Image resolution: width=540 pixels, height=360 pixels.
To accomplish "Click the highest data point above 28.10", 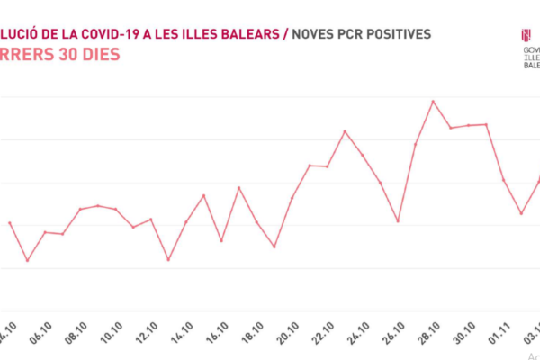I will (x=434, y=101).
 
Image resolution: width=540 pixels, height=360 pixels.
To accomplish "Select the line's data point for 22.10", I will (x=345, y=131).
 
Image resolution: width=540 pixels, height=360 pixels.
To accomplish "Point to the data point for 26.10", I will (x=398, y=221).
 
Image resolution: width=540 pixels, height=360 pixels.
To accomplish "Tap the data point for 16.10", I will (x=238, y=187).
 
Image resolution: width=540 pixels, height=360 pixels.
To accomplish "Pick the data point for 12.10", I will (x=168, y=260).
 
